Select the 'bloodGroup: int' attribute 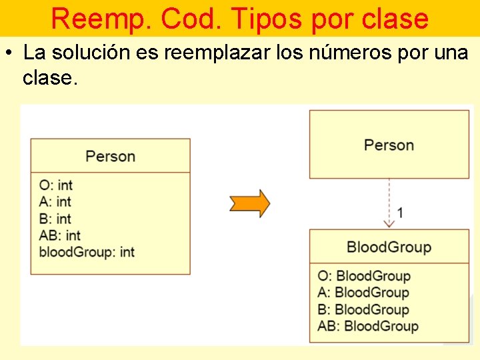pyautogui.click(x=87, y=252)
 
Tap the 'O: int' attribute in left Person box pyautogui.click(x=56, y=185)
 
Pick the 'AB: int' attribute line pyautogui.click(x=60, y=235)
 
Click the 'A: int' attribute pyautogui.click(x=55, y=201)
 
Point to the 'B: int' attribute pyautogui.click(x=55, y=219)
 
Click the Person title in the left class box pyautogui.click(x=110, y=156)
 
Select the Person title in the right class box pyautogui.click(x=389, y=145)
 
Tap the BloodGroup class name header pyautogui.click(x=389, y=247)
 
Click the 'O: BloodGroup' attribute pyautogui.click(x=364, y=276)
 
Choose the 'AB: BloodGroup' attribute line pyautogui.click(x=368, y=326)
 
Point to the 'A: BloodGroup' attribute pyautogui.click(x=363, y=293)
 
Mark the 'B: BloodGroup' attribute pyautogui.click(x=363, y=309)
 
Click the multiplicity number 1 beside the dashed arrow pyautogui.click(x=400, y=213)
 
